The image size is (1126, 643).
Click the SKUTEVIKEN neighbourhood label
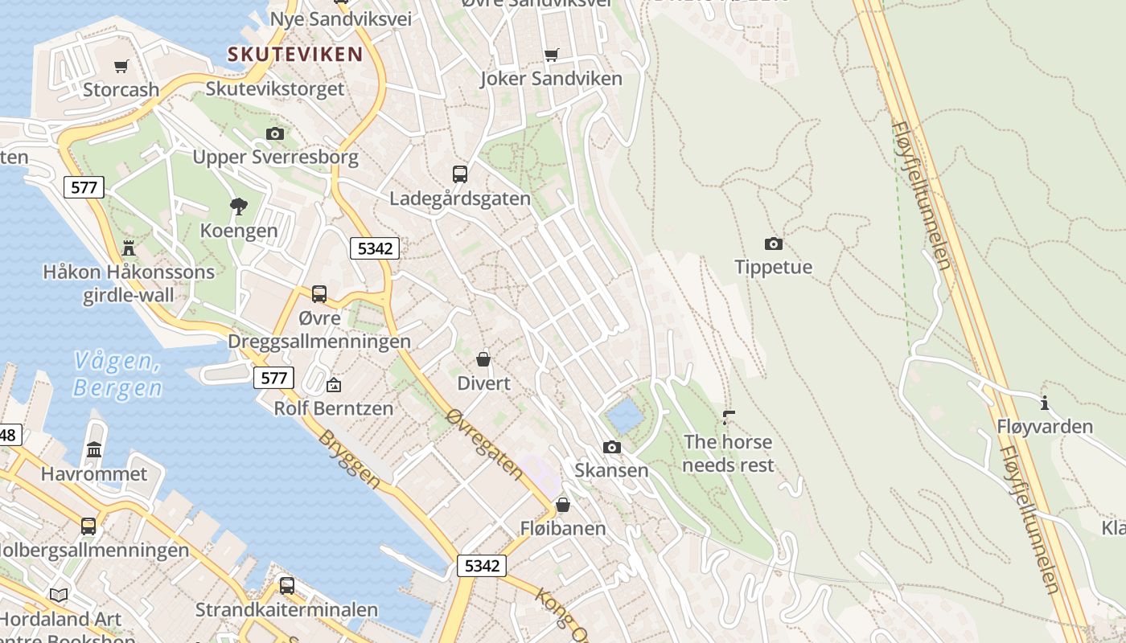(x=295, y=54)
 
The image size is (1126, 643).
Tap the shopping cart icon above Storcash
(x=121, y=66)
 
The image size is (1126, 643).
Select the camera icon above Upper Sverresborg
(x=275, y=133)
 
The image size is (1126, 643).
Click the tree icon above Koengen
(x=238, y=207)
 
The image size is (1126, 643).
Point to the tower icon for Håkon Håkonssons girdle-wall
(x=129, y=247)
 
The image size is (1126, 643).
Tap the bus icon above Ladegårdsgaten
(x=460, y=174)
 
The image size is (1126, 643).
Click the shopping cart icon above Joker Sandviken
(x=551, y=55)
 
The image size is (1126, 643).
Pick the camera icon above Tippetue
(x=773, y=244)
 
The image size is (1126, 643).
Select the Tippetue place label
(x=773, y=267)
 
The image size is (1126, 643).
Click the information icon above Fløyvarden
(x=1045, y=403)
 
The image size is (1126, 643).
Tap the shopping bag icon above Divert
(x=483, y=359)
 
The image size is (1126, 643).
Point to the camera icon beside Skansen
(x=611, y=447)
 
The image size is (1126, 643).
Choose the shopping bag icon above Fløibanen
(x=563, y=505)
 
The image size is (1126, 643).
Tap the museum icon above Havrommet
(x=94, y=449)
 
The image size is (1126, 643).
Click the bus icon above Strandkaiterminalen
(x=287, y=585)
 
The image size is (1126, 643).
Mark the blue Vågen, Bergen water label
(x=117, y=375)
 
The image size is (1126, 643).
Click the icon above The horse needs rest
(x=729, y=417)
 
